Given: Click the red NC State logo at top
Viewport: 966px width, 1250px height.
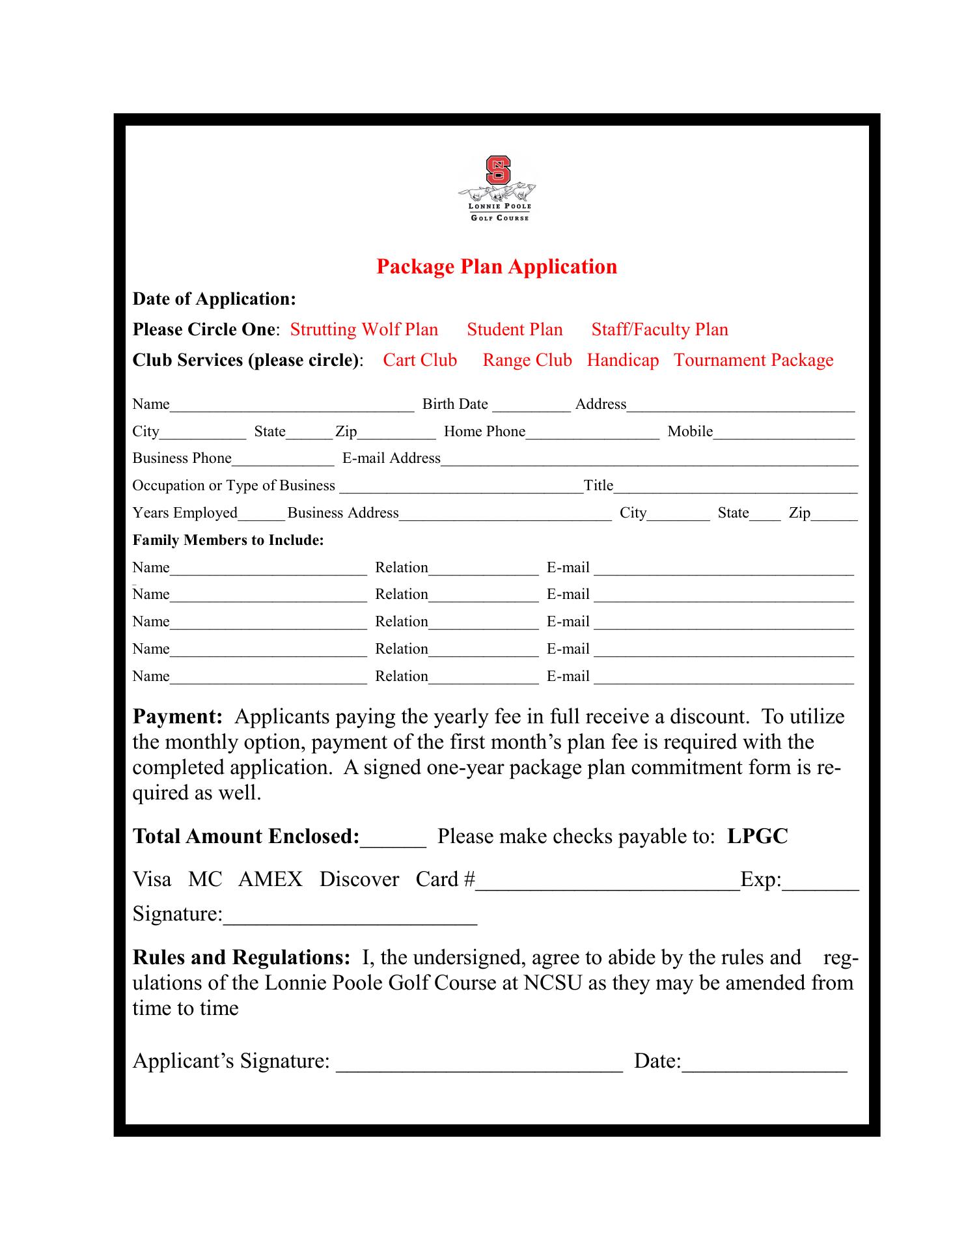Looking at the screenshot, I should pyautogui.click(x=498, y=171).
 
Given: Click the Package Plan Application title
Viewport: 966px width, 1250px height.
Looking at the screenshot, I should pyautogui.click(x=497, y=267).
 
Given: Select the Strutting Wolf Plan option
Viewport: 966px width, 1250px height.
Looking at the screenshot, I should pyautogui.click(x=364, y=329).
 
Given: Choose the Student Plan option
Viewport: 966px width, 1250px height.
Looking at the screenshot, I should pyautogui.click(x=514, y=329).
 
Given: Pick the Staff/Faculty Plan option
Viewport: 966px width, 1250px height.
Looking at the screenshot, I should pyautogui.click(x=659, y=329).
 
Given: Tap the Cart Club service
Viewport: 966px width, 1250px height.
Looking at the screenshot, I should pyautogui.click(x=420, y=360).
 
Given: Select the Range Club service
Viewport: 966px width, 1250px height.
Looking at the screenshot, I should pyautogui.click(x=527, y=360).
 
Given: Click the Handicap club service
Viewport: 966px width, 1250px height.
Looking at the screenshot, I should pyautogui.click(x=622, y=360).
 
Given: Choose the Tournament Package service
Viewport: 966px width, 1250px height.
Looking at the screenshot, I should pyautogui.click(x=753, y=360).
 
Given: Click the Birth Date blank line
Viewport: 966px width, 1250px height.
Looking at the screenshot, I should pyautogui.click(x=531, y=408).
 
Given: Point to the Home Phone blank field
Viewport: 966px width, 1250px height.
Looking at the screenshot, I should pyautogui.click(x=592, y=435).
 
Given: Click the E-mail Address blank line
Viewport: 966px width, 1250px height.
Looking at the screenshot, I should pyautogui.click(x=649, y=462).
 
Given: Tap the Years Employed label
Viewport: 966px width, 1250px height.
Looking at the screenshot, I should pyautogui.click(x=185, y=513).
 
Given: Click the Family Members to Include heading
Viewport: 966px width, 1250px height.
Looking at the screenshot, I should pyautogui.click(x=228, y=540).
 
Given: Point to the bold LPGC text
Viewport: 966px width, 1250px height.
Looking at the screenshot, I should pyautogui.click(x=757, y=837).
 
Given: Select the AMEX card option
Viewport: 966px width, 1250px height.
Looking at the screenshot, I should pyautogui.click(x=270, y=880).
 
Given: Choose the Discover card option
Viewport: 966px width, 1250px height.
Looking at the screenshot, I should pyautogui.click(x=359, y=880).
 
